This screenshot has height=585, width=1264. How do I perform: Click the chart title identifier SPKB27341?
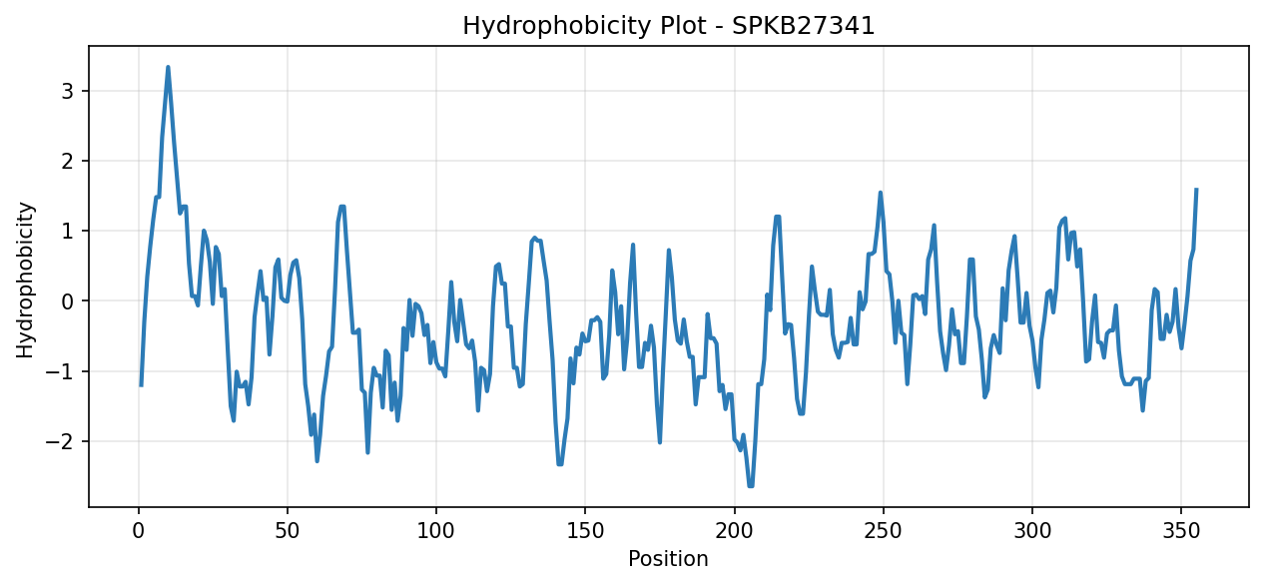coord(803,26)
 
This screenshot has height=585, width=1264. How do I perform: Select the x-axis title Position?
coord(668,558)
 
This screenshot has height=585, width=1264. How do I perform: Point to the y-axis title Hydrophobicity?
coord(25,280)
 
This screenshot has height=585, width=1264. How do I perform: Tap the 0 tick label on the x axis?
coord(139,531)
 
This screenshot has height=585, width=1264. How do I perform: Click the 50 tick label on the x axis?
coord(288,531)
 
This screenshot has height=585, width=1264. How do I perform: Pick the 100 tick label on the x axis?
coord(436,531)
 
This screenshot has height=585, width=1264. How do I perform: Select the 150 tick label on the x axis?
coord(585,531)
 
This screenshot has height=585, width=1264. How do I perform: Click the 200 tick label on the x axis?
coord(734,531)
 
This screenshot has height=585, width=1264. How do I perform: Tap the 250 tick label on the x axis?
coord(884,531)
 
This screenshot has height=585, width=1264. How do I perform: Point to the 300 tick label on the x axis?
coord(1032,531)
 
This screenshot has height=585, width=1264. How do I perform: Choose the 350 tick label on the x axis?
coord(1181,531)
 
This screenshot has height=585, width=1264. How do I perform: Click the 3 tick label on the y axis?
coord(68,92)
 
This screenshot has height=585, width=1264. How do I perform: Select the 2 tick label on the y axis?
coord(68,162)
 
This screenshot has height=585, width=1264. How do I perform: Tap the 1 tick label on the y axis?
coord(68,232)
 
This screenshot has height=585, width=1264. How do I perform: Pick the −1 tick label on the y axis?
coord(60,371)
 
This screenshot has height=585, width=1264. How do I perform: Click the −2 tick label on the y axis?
coord(60,441)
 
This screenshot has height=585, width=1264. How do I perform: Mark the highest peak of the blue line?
coord(168,67)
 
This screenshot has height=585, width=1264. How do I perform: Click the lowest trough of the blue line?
coord(751,486)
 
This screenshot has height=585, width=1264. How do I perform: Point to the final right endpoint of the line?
coord(1196,190)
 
